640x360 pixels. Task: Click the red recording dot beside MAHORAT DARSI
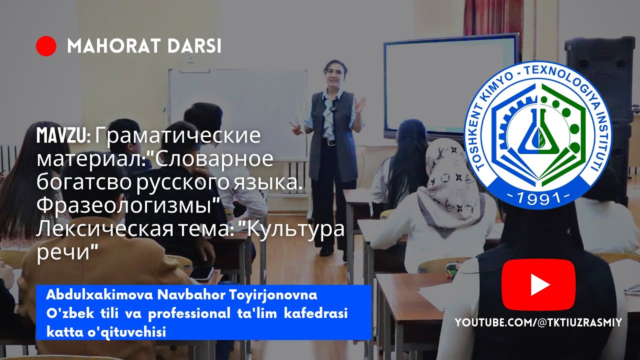pyautogui.click(x=46, y=46)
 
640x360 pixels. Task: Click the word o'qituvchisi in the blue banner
pyautogui.click(x=130, y=331)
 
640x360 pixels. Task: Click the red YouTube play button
pyautogui.click(x=538, y=285)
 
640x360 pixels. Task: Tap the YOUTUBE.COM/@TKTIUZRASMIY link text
pyautogui.click(x=538, y=322)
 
